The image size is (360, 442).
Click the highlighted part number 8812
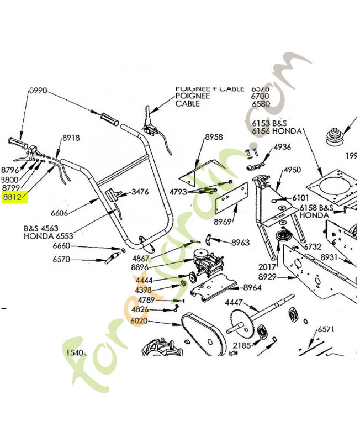coord(15,196)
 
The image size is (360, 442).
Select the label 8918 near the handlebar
coord(71,139)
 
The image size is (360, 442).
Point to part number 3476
coord(140,192)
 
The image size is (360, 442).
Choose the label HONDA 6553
coord(48,235)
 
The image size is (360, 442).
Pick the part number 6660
coord(62,246)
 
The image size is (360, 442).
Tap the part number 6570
coord(62,259)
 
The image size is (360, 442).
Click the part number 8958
coord(214,137)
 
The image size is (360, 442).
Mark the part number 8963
coord(240,242)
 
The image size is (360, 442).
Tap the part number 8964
coord(252,287)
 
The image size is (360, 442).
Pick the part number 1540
coord(75,352)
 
